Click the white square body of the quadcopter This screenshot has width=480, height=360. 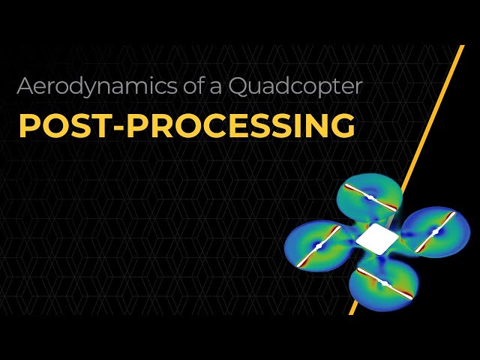click(376, 240)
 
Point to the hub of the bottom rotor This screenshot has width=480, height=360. click(384, 283)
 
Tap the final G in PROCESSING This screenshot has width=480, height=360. click(343, 126)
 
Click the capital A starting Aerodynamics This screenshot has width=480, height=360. click(25, 86)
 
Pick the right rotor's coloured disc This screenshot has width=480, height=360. click(450, 244)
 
